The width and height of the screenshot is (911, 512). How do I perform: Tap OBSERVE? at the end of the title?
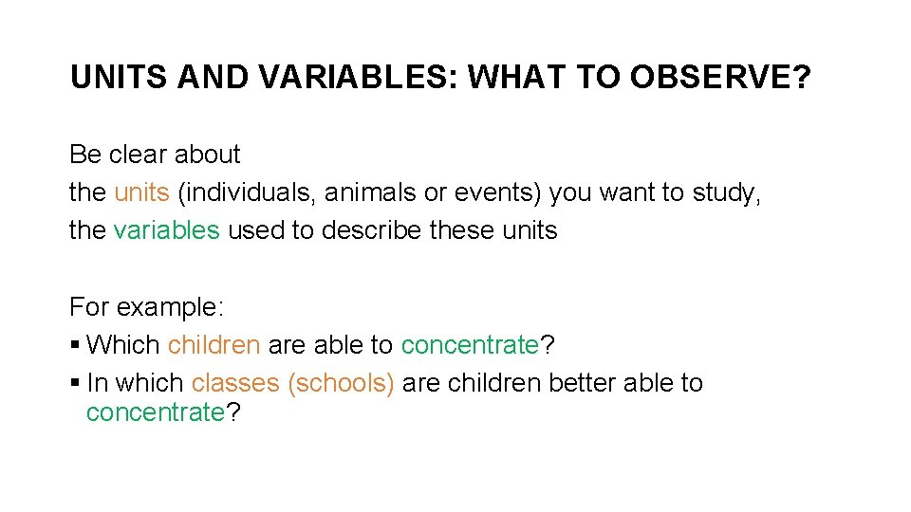(720, 78)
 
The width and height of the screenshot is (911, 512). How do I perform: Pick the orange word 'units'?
(141, 192)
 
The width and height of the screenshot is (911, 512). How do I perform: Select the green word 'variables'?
(166, 230)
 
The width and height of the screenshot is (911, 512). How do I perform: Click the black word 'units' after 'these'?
(530, 230)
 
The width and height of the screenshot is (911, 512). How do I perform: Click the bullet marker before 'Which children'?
(75, 345)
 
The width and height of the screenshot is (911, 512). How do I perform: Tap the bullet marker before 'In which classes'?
(75, 383)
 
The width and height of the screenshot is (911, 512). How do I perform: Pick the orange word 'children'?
(214, 345)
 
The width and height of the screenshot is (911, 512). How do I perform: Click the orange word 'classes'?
(235, 383)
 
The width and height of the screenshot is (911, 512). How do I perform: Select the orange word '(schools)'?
(341, 383)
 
